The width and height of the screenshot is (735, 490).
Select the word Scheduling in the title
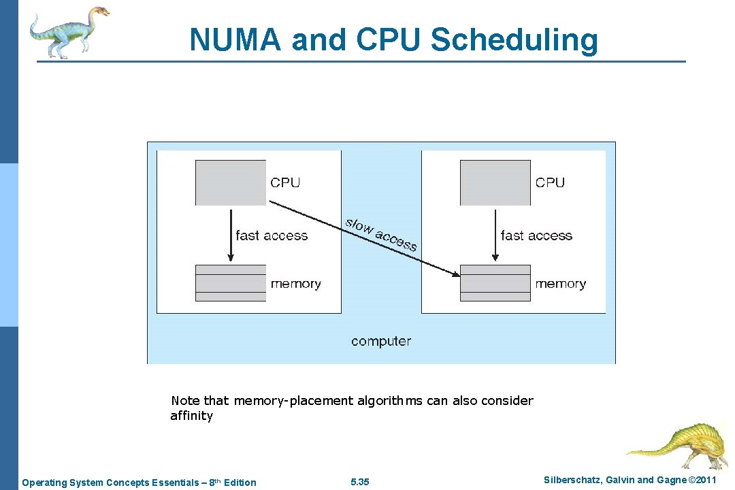[514, 41]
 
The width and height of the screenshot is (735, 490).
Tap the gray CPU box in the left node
[230, 182]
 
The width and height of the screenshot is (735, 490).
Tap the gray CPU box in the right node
[495, 182]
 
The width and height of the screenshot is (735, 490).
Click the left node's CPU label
[285, 182]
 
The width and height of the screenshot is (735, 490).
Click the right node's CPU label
[550, 182]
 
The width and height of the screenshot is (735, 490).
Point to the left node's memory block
[230, 283]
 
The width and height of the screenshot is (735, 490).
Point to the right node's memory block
[495, 283]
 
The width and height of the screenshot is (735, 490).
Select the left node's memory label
[295, 284]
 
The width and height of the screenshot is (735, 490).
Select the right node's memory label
[560, 284]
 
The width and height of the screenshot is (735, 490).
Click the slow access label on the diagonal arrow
[381, 234]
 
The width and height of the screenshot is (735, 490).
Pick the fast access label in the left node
[272, 236]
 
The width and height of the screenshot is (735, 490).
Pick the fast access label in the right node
[536, 236]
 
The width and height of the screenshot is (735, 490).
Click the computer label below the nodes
[381, 341]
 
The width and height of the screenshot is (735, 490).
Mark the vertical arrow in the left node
[231, 235]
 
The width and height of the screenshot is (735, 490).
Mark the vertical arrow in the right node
[495, 235]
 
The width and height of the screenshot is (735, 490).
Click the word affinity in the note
[191, 416]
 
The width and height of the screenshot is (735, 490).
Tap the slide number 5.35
[359, 483]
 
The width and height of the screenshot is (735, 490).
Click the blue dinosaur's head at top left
[99, 12]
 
